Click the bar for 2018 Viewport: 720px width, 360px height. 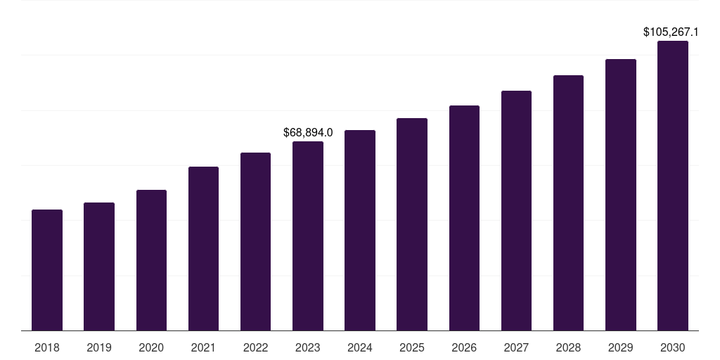pos(47,270)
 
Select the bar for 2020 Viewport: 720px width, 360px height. pos(151,260)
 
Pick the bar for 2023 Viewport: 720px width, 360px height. pos(308,236)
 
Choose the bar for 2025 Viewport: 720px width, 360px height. pos(412,224)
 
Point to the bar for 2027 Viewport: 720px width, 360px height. pos(516,210)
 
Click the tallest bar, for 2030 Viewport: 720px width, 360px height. pos(673,186)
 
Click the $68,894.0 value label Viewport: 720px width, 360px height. pos(308,132)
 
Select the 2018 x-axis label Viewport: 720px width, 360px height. pos(47,347)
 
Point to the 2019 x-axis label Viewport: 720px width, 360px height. pos(99,347)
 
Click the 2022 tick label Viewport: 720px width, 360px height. pos(255,347)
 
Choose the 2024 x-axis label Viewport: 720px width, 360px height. pos(360,347)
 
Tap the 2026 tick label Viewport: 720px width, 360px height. pos(464,347)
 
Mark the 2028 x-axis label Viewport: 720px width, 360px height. pos(568,347)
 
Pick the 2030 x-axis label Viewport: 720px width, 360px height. pos(673,347)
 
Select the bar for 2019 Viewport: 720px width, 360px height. pos(99,266)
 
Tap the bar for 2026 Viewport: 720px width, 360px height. pos(464,218)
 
